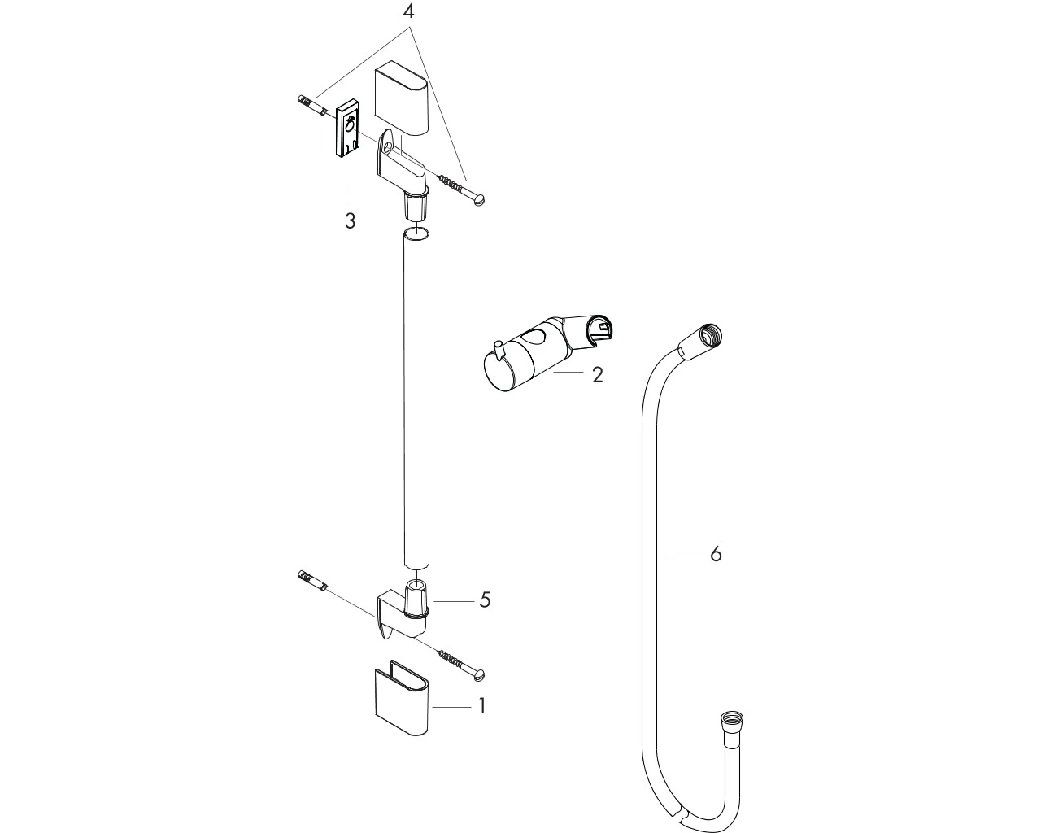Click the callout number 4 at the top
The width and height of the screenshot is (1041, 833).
click(x=409, y=11)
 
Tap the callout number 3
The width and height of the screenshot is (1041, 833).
click(x=351, y=220)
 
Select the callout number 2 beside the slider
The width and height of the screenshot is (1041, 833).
click(x=598, y=375)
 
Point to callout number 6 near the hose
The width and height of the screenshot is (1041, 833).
click(x=716, y=554)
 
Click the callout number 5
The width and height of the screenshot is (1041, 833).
click(x=486, y=600)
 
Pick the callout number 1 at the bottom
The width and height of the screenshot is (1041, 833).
click(x=481, y=707)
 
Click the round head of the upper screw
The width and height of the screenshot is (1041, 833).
click(x=479, y=200)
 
